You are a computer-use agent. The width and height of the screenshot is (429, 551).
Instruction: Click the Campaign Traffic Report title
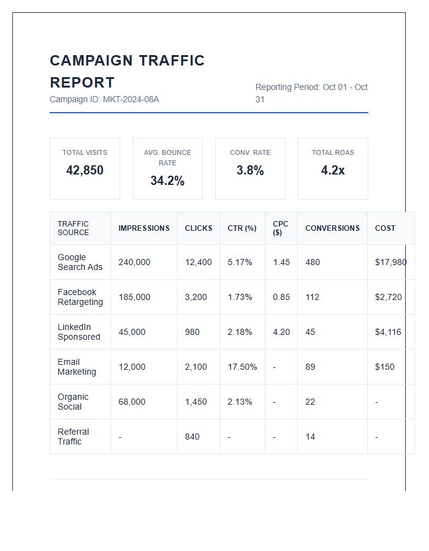click(127, 72)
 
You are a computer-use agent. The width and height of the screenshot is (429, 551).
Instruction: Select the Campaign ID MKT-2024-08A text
click(104, 99)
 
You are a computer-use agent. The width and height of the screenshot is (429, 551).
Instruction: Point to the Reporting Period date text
click(311, 93)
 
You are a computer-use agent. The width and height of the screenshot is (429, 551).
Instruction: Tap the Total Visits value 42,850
click(85, 170)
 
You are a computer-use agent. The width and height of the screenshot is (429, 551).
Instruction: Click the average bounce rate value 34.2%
click(167, 181)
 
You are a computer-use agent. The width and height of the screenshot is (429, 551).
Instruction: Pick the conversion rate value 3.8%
click(250, 170)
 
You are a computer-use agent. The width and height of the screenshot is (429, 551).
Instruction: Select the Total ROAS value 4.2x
click(333, 170)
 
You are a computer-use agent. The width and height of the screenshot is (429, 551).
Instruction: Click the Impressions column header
click(144, 228)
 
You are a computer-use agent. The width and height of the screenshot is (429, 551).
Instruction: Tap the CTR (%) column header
click(242, 228)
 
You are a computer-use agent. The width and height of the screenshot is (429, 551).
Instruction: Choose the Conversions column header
click(332, 228)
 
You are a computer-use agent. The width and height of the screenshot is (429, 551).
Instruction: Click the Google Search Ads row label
click(80, 262)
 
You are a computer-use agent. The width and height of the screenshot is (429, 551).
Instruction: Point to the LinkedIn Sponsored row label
click(78, 332)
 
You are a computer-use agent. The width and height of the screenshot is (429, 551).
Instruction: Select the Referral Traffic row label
click(73, 437)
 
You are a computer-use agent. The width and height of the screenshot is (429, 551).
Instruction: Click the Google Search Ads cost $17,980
click(390, 262)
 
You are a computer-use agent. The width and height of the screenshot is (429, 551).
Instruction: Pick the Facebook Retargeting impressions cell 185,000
click(134, 297)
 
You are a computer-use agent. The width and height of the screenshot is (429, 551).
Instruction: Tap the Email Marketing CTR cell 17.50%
click(242, 367)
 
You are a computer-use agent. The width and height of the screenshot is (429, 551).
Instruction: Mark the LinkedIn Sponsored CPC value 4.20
click(281, 332)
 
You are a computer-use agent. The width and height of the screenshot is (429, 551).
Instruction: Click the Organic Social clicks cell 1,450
click(196, 402)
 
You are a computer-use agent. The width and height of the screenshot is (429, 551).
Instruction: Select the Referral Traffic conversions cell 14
click(310, 437)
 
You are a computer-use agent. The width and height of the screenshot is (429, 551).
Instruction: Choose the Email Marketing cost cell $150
click(385, 367)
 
